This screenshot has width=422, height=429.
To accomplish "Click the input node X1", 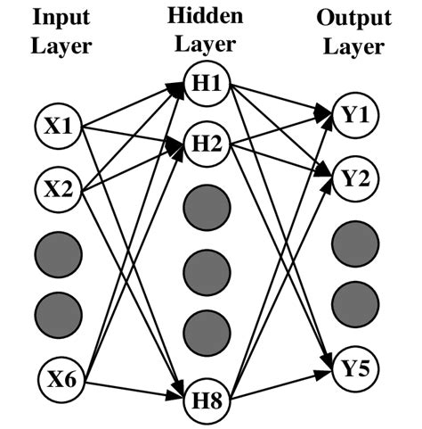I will (x=58, y=128).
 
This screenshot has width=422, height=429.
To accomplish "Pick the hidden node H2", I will (x=207, y=144).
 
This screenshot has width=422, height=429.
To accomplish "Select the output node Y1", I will (x=354, y=114).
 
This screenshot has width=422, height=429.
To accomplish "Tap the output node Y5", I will (x=354, y=367).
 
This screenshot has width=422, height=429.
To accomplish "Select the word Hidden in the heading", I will (x=207, y=15).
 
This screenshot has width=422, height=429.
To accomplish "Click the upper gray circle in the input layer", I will (x=58, y=249).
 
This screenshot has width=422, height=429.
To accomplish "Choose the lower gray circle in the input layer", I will (x=58, y=311).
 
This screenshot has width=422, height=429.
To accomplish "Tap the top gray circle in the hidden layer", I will (x=207, y=207).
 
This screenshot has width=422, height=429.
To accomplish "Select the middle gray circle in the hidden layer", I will (x=207, y=268).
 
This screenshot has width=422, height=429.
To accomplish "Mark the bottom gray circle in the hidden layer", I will (x=207, y=332).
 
